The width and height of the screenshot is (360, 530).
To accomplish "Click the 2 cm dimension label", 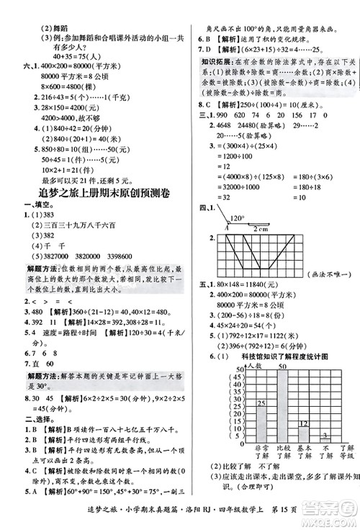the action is coord(261,228).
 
